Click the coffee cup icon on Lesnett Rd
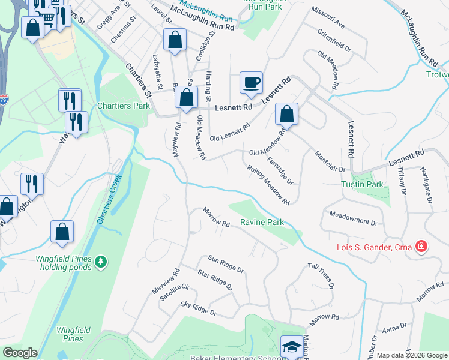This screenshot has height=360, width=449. [x=251, y=82]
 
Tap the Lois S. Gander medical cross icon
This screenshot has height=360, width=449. [x=421, y=246]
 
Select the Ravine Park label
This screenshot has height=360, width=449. [x=262, y=222]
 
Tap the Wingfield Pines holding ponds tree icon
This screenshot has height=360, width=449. [x=101, y=262]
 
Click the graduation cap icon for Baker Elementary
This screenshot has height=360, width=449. [x=292, y=347]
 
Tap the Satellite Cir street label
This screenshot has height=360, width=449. [x=173, y=295]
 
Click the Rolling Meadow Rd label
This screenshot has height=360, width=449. [x=268, y=184]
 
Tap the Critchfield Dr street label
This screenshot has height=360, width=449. [x=334, y=41]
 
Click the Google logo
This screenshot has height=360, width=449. [x=20, y=353]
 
